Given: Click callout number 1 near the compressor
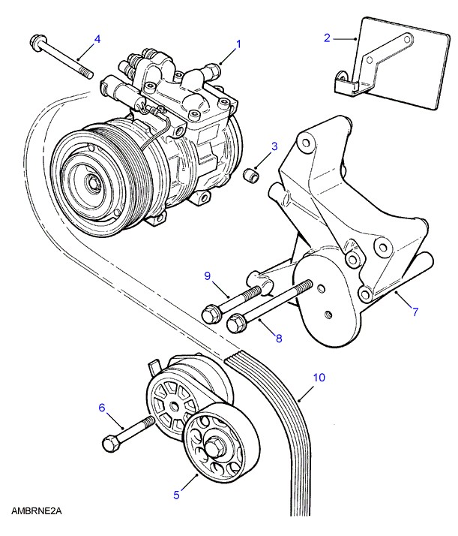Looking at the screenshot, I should coord(239,44).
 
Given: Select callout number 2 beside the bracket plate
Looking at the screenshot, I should coord(328,37).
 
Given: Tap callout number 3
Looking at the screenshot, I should coord(274,146).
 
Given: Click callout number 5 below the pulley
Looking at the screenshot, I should coord(177,495).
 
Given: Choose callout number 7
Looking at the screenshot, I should coord(415,309).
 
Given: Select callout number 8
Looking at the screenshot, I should coord(278,339).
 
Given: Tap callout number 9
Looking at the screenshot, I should coord(208,276).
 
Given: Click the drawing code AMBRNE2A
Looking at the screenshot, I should coord(35,511).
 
